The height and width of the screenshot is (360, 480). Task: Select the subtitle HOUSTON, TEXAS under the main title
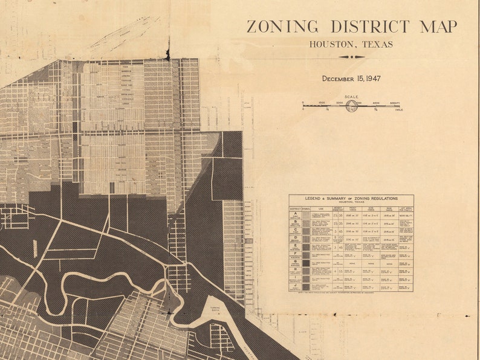[x=351, y=44]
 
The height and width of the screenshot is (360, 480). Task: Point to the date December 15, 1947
[x=351, y=79]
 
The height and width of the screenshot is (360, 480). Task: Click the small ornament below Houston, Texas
[x=351, y=57]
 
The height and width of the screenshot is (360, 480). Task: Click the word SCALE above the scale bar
[x=351, y=97]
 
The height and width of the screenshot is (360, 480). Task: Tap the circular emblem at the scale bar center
[x=351, y=105]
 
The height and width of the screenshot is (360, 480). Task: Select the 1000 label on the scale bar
[x=322, y=103]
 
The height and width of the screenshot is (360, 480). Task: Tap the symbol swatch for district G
[x=306, y=263]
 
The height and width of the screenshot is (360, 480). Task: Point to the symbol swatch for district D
[x=306, y=239]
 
